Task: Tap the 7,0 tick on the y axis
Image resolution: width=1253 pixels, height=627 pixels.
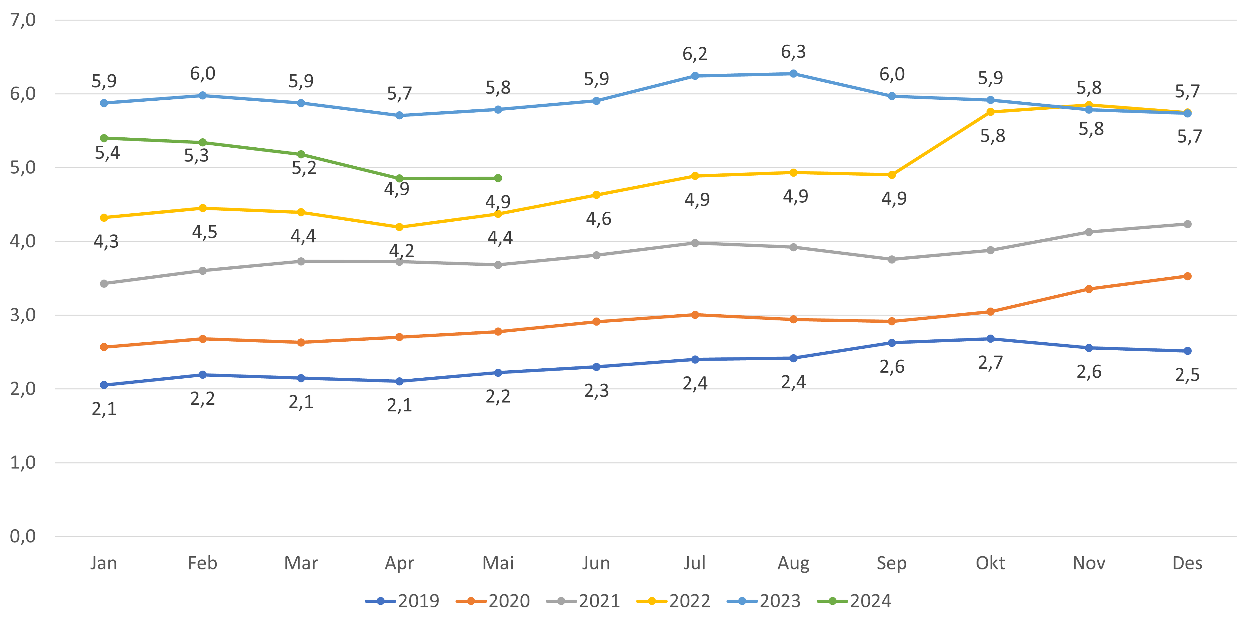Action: (x=23, y=20)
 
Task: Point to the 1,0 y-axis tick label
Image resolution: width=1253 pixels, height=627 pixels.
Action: (x=23, y=463)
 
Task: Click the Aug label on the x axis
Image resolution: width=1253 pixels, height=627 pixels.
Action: (x=793, y=563)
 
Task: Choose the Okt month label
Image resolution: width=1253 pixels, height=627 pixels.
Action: (x=990, y=563)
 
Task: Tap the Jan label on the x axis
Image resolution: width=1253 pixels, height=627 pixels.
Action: (x=104, y=563)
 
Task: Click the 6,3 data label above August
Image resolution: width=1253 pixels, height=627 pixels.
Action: (x=793, y=51)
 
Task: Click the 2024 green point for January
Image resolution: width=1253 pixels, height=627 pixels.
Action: (x=104, y=138)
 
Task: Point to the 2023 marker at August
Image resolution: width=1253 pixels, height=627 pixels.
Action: (x=793, y=73)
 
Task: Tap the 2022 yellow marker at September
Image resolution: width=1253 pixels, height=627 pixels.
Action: (x=892, y=175)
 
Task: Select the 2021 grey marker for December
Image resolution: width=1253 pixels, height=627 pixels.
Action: (x=1187, y=224)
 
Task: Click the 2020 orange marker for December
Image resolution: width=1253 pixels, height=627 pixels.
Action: (x=1187, y=276)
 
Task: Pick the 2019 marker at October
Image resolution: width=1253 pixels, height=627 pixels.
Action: (x=990, y=338)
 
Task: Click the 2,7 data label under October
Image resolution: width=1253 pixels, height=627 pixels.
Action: (x=990, y=363)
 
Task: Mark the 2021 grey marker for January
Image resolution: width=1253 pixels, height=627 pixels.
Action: (x=104, y=283)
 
